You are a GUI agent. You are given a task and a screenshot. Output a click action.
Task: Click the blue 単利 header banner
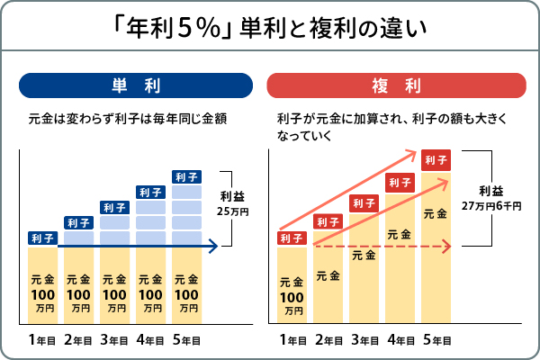point(134,85)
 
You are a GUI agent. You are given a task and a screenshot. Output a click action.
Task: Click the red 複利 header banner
point(397,85)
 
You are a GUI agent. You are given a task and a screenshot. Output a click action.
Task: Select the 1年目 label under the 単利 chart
point(42,339)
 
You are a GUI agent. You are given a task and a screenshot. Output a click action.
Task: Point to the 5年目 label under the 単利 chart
point(186,339)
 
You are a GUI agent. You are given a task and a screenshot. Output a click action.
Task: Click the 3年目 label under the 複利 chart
point(364,339)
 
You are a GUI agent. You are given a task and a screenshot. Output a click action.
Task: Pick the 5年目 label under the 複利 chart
point(436,339)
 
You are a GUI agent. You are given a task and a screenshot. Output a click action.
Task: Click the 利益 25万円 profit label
point(233,202)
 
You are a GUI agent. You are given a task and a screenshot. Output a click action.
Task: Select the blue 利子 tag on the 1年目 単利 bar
point(42,238)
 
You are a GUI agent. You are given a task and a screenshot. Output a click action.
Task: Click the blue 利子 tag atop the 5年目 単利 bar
point(186,176)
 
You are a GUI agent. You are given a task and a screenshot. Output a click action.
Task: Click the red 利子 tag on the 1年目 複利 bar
point(292,238)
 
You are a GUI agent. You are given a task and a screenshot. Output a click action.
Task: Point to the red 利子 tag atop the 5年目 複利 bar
point(436,160)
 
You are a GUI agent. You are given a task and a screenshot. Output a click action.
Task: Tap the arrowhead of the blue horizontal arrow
point(213,244)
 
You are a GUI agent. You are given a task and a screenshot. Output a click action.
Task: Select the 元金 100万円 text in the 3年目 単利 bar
point(114,293)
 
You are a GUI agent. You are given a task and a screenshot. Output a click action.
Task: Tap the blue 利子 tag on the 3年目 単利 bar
point(114,207)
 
